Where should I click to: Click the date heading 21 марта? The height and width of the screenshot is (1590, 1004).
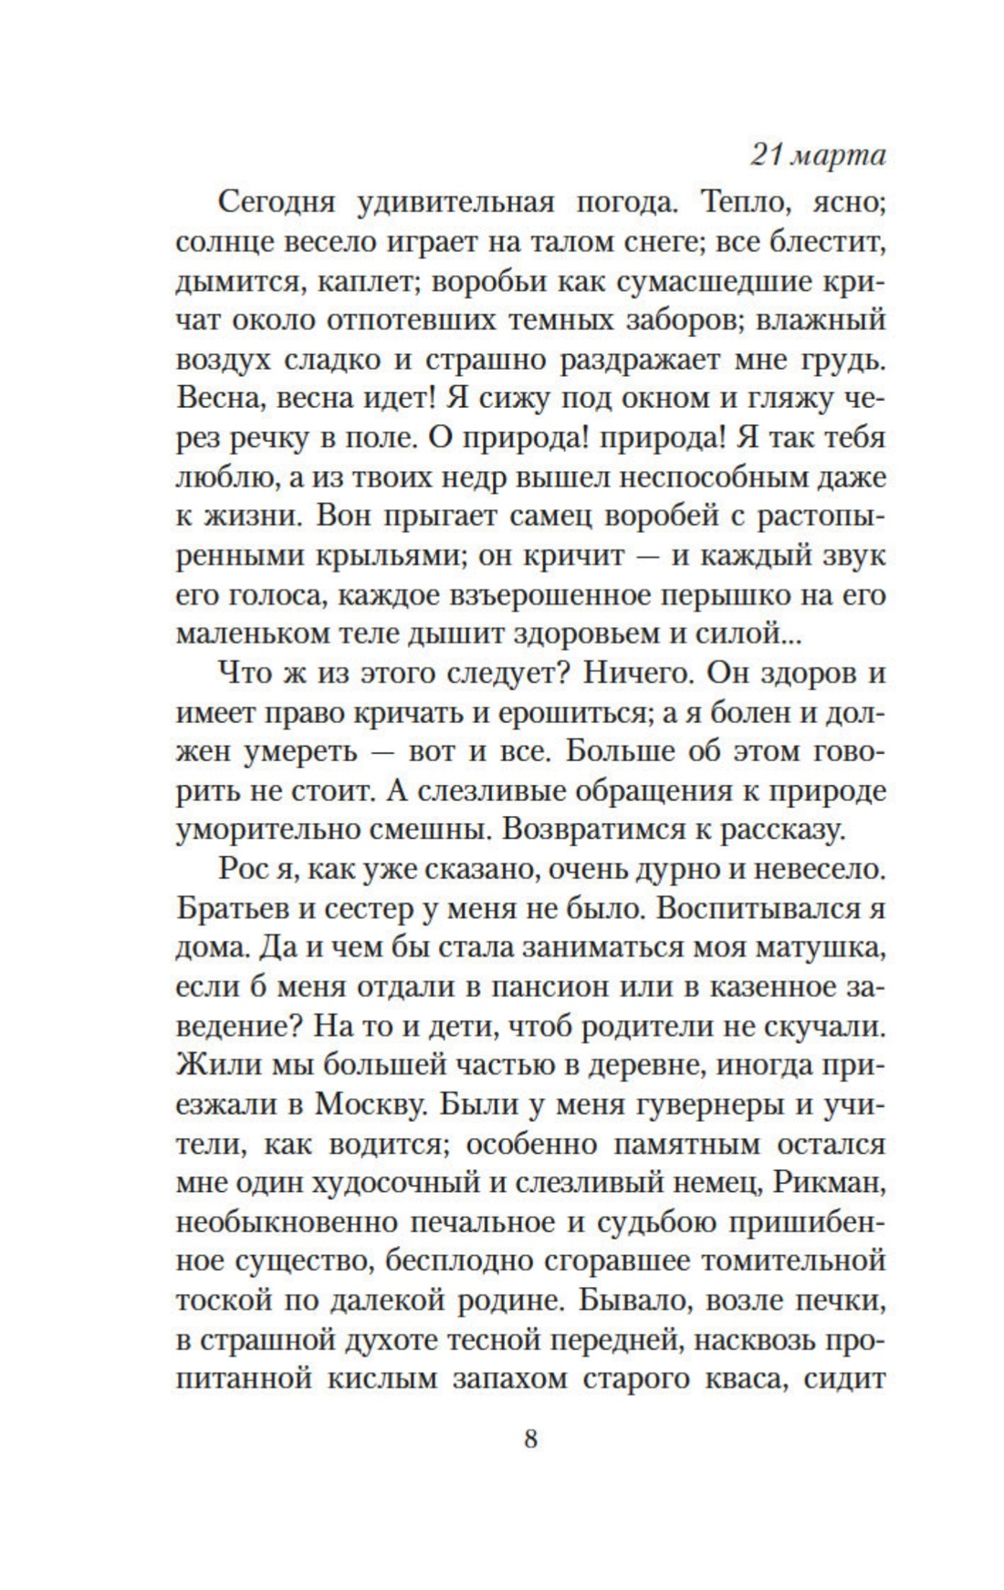click(x=818, y=156)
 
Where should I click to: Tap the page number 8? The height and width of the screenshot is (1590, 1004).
click(x=530, y=1440)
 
